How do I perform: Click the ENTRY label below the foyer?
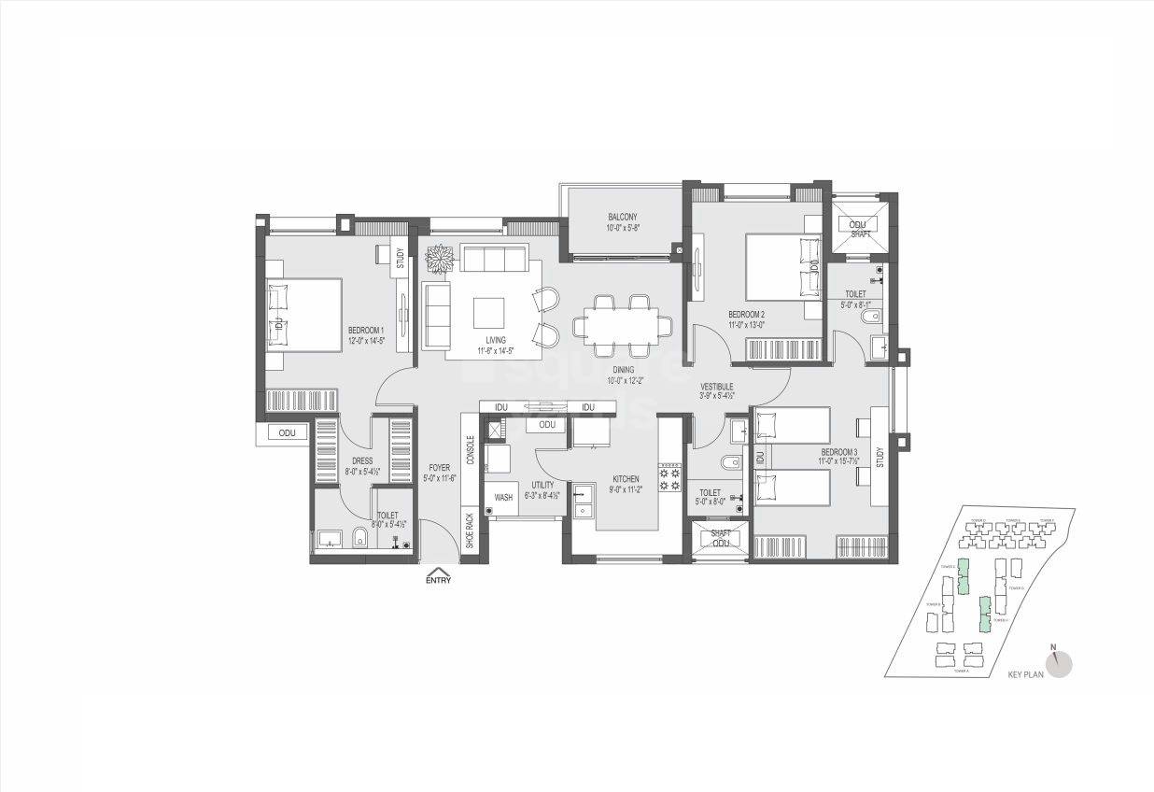click(x=438, y=580)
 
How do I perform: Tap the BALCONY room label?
click(x=619, y=217)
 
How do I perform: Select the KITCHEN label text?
click(x=625, y=478)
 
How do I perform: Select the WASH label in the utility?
click(x=503, y=498)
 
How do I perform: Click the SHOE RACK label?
click(x=469, y=532)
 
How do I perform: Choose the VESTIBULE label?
click(x=717, y=386)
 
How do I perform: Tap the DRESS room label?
click(x=362, y=460)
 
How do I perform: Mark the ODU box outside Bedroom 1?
click(x=287, y=433)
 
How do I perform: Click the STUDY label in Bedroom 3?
click(x=880, y=458)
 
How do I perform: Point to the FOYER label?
click(x=439, y=467)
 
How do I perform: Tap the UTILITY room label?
click(x=542, y=485)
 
